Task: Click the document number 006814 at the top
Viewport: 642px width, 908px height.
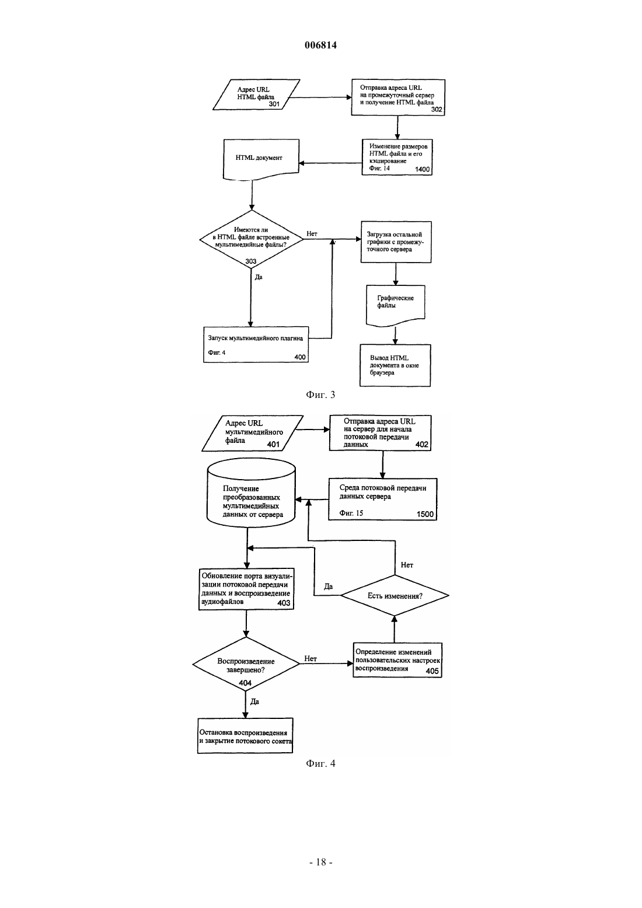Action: (320, 45)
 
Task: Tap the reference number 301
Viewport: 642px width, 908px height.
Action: (274, 104)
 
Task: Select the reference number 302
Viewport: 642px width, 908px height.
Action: (437, 110)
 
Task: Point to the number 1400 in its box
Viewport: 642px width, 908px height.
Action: (422, 169)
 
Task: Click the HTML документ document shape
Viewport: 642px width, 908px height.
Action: (261, 159)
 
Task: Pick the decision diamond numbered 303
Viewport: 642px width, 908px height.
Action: (252, 239)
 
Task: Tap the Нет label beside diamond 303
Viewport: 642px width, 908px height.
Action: (312, 233)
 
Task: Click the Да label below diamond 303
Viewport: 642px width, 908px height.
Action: (259, 277)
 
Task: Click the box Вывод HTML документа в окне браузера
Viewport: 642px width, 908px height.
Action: (395, 365)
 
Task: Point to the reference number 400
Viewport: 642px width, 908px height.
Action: (300, 357)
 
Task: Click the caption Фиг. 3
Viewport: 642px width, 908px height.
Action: (320, 395)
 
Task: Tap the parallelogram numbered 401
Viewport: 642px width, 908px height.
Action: (253, 434)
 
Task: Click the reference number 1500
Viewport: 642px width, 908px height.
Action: (425, 514)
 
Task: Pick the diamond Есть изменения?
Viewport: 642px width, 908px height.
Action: (395, 595)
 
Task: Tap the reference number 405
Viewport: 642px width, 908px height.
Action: (432, 671)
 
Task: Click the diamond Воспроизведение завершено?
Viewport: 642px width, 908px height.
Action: (246, 663)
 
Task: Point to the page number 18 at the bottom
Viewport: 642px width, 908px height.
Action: (321, 862)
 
